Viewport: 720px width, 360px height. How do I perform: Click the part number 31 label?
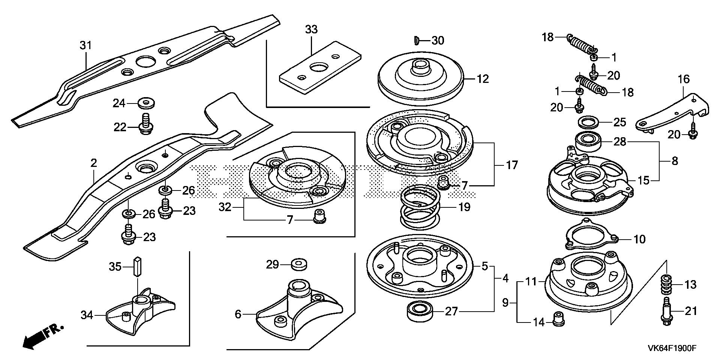coord(85,46)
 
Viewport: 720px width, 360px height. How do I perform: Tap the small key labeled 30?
coord(417,40)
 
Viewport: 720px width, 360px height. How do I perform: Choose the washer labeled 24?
coord(146,103)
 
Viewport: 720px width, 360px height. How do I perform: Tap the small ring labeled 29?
coord(298,264)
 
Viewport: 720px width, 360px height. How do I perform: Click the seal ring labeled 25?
coord(587,122)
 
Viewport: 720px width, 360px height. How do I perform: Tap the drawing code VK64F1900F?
coord(672,348)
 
